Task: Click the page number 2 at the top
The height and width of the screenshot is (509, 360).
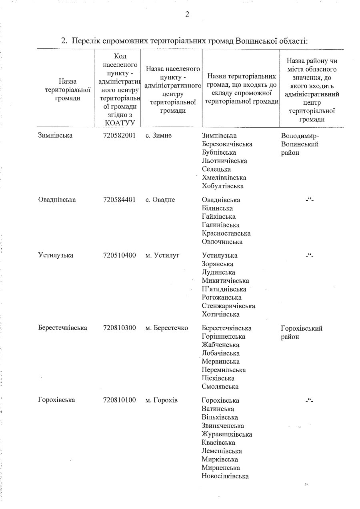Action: click(187, 15)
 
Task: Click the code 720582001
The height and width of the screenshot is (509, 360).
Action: click(119, 136)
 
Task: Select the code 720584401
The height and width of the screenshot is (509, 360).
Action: click(119, 200)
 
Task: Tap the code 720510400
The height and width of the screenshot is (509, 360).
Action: click(119, 255)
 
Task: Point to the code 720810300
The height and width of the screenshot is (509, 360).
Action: click(119, 328)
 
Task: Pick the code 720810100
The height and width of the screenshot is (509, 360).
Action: click(119, 400)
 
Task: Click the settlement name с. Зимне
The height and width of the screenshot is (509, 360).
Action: click(158, 136)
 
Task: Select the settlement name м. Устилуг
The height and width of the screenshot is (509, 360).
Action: click(162, 255)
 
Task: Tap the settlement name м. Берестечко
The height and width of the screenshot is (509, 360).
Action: click(167, 328)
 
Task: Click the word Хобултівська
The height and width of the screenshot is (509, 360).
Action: click(223, 186)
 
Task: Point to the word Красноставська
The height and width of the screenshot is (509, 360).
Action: click(226, 233)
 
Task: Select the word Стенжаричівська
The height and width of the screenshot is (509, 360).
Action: click(228, 306)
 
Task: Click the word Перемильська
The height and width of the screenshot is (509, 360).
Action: click(224, 370)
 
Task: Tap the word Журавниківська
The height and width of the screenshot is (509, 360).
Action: click(227, 434)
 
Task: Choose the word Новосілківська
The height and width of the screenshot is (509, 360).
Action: click(225, 476)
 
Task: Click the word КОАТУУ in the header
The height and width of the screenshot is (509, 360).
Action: click(119, 123)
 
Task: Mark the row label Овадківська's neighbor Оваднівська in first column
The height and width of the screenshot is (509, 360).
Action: click(57, 200)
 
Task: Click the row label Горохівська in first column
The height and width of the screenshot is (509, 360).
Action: click(57, 400)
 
